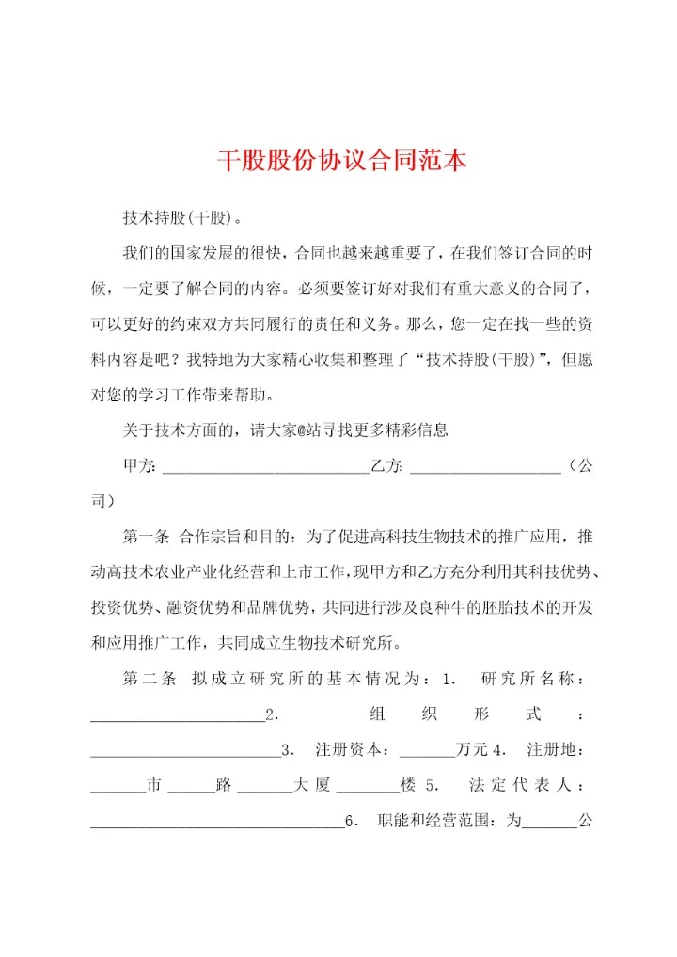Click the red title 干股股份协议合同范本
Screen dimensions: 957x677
[x=342, y=160]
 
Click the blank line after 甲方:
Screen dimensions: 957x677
[x=266, y=467]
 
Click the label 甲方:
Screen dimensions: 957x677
[x=141, y=466]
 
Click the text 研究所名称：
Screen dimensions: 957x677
[x=535, y=680]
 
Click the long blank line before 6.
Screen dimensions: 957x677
[x=217, y=824]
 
